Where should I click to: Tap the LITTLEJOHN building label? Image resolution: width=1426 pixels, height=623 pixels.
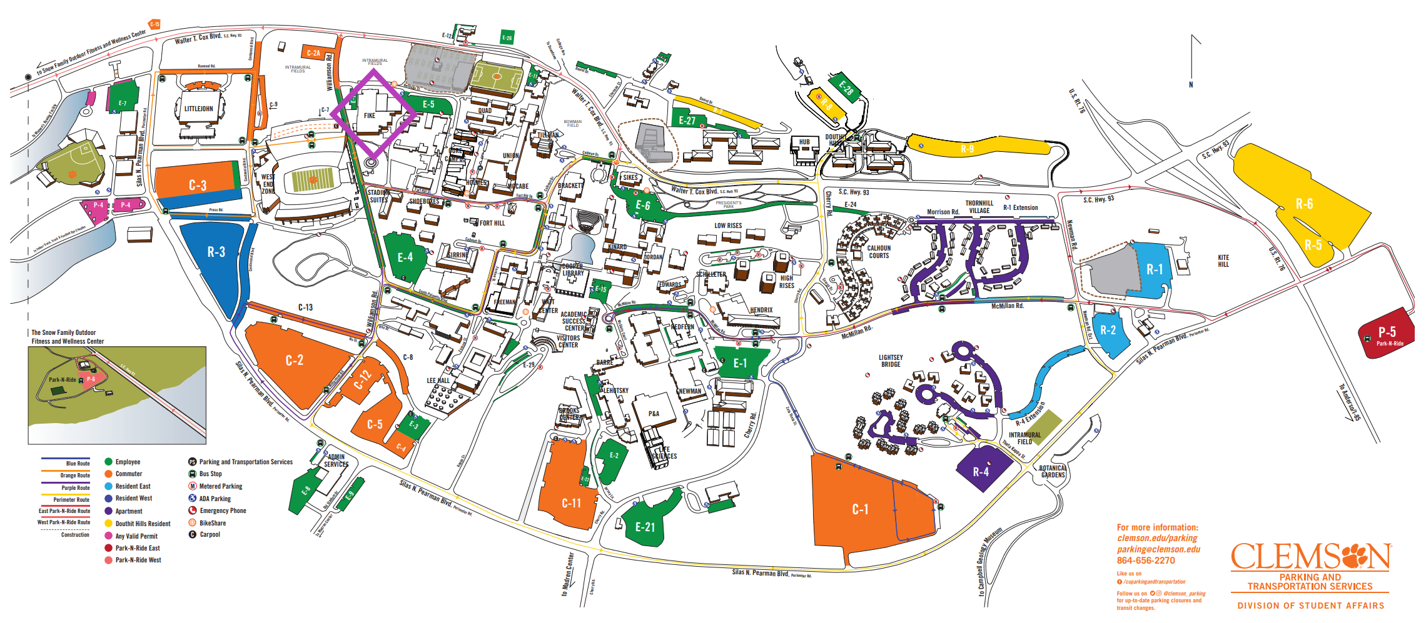(198, 109)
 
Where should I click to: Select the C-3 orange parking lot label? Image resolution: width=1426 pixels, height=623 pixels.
(198, 186)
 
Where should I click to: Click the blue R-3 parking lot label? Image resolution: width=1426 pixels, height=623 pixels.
(216, 252)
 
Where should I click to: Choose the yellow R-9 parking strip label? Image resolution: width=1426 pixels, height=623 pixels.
(967, 149)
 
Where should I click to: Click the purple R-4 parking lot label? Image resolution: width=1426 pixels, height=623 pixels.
(981, 472)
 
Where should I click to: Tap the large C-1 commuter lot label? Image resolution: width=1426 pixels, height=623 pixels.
(860, 509)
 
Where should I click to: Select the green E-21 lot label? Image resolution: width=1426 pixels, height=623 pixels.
(645, 527)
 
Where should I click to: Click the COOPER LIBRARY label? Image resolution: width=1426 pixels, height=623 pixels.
(572, 269)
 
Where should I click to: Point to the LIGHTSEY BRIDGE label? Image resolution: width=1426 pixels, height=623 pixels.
(891, 361)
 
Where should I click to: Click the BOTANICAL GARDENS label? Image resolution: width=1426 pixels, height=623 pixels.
(1052, 471)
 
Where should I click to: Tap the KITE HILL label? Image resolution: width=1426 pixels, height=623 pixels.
(1223, 261)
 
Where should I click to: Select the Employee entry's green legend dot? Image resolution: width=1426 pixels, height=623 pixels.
(108, 462)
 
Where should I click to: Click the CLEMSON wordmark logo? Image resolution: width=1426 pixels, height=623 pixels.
(1310, 556)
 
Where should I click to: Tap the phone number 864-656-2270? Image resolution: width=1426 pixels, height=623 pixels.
(1146, 561)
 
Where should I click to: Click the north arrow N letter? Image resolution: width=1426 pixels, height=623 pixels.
(1191, 84)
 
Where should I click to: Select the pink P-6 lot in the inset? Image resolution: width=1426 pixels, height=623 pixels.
(91, 379)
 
